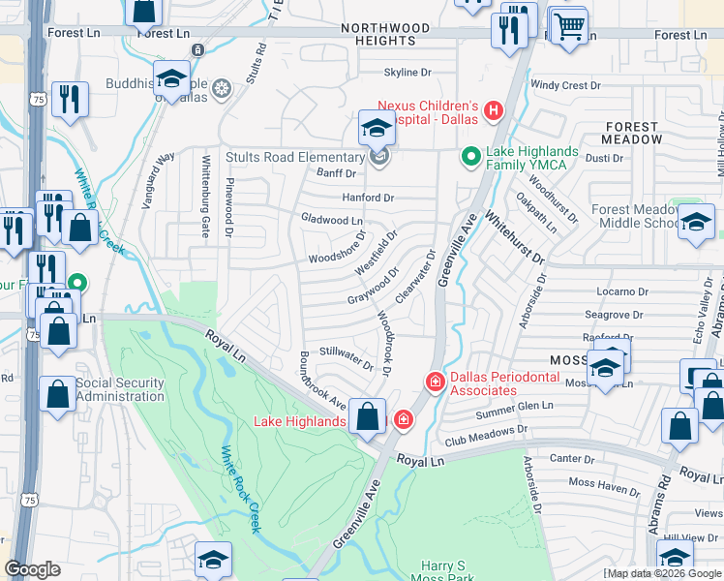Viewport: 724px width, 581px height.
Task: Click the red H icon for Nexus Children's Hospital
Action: pyautogui.click(x=494, y=111)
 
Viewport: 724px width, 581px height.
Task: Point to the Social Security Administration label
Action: pyautogui.click(x=119, y=389)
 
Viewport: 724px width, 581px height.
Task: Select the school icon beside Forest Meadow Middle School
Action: pyautogui.click(x=695, y=221)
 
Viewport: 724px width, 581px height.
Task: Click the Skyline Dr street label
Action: pyautogui.click(x=407, y=73)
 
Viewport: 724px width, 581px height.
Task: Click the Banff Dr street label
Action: pyautogui.click(x=337, y=173)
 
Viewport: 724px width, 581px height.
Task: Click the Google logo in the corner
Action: pyautogui.click(x=32, y=569)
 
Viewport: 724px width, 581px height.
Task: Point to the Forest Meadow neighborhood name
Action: pyautogui.click(x=634, y=133)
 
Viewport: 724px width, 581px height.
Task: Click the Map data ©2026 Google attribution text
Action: pyautogui.click(x=662, y=573)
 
